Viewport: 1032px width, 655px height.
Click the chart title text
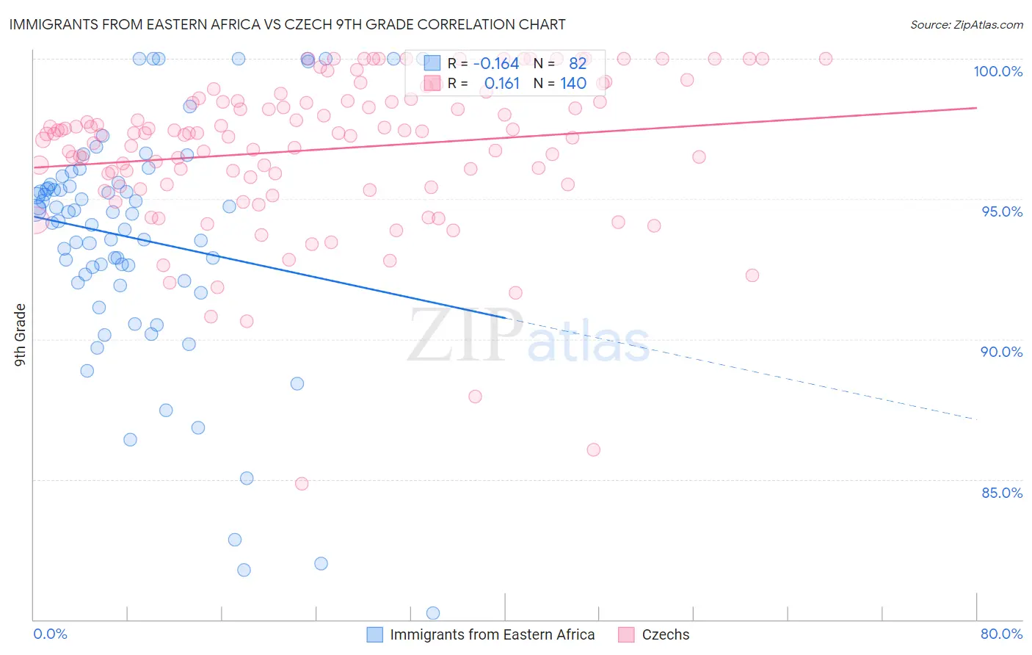click(287, 24)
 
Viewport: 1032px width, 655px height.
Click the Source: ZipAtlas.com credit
click(966, 24)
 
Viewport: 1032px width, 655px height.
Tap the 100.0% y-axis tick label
click(998, 71)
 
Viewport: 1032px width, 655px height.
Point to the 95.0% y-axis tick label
click(1002, 211)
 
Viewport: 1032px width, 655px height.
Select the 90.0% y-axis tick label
click(1001, 352)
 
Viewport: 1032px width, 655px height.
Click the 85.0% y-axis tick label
click(1002, 493)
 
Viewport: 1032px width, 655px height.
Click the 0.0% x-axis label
click(50, 634)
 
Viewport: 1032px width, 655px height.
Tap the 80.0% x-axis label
click(1001, 634)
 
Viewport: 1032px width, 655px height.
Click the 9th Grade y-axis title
click(21, 335)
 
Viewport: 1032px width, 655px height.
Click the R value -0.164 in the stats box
click(495, 63)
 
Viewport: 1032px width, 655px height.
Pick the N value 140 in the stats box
click(573, 84)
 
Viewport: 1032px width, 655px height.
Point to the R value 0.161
click(501, 84)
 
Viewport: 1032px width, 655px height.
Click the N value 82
click(578, 63)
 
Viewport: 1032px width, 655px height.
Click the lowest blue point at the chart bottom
click(433, 613)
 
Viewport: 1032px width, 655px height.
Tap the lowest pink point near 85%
click(302, 484)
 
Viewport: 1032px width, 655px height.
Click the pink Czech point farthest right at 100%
click(826, 59)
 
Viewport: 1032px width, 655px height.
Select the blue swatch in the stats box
click(432, 63)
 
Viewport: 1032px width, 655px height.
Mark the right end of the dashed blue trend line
click(976, 419)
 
